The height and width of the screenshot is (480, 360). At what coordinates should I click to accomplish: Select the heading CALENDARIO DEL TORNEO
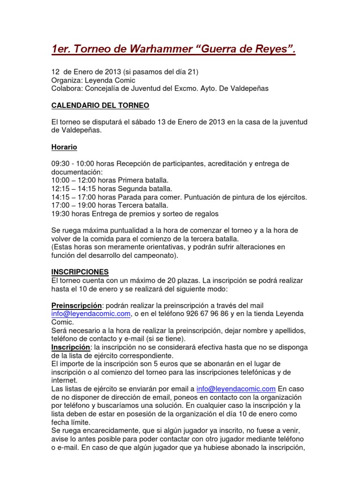point(100,105)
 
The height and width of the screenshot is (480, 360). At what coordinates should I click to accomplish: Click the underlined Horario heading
point(64,147)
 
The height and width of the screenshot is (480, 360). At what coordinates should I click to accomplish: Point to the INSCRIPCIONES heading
point(80,272)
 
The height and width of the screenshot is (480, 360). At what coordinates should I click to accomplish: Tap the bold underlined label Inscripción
point(70,347)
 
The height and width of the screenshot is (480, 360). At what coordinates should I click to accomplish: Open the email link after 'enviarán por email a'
point(236,389)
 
